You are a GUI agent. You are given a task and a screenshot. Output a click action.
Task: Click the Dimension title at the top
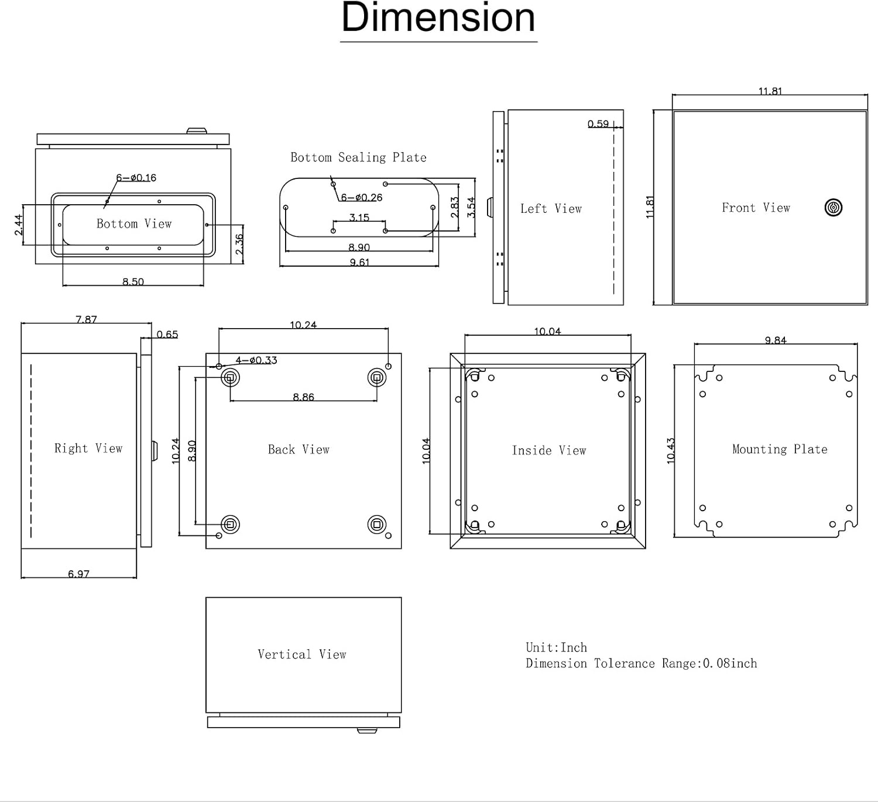click(x=438, y=18)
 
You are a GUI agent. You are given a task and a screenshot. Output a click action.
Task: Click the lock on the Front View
click(x=833, y=207)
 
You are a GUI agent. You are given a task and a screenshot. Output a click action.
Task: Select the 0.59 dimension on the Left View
click(x=598, y=124)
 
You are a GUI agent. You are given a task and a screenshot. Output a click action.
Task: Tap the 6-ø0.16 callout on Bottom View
click(x=136, y=178)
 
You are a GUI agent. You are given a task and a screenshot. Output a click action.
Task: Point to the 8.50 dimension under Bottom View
click(x=133, y=282)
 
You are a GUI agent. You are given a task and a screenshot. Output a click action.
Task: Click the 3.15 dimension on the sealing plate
click(x=359, y=218)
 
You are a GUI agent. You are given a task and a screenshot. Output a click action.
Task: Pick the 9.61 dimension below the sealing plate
click(x=359, y=263)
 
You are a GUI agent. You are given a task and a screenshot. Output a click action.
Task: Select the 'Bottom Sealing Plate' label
click(x=358, y=157)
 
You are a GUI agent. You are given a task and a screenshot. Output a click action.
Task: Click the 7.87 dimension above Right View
click(x=86, y=319)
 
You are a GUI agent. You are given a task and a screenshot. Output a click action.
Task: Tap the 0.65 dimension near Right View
click(x=167, y=335)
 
